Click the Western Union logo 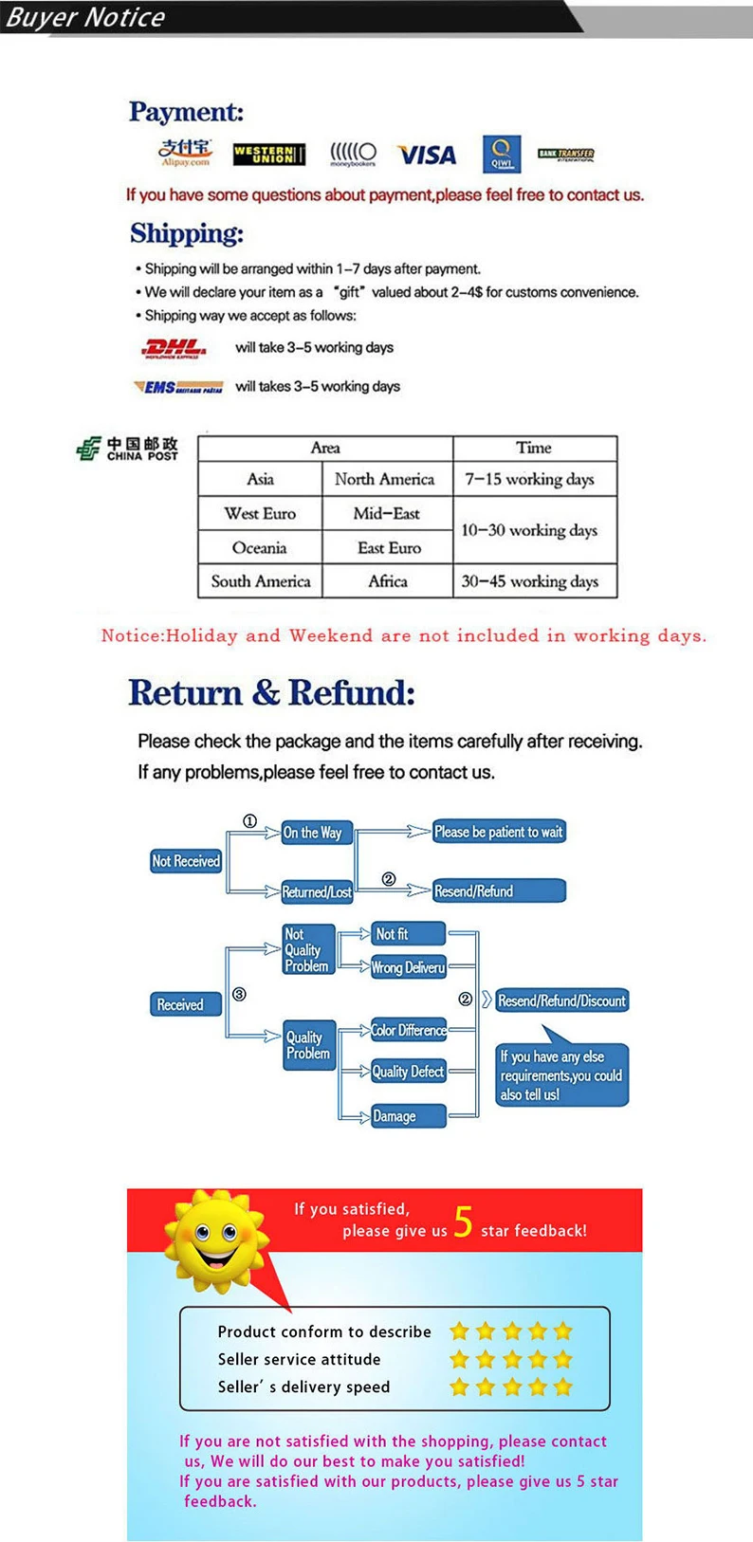[269, 154]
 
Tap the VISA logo [427, 155]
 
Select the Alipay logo [185, 152]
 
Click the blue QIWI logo [501, 153]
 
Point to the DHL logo [173, 348]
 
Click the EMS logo [178, 387]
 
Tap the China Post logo [127, 449]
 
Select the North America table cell [385, 480]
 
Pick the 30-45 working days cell [531, 581]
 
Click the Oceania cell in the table [259, 548]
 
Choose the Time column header [534, 448]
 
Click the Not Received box [186, 861]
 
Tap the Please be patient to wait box [499, 832]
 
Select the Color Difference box [409, 1030]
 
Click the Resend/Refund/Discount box [561, 1000]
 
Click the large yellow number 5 [463, 1222]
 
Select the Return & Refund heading [271, 693]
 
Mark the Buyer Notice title [85, 17]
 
